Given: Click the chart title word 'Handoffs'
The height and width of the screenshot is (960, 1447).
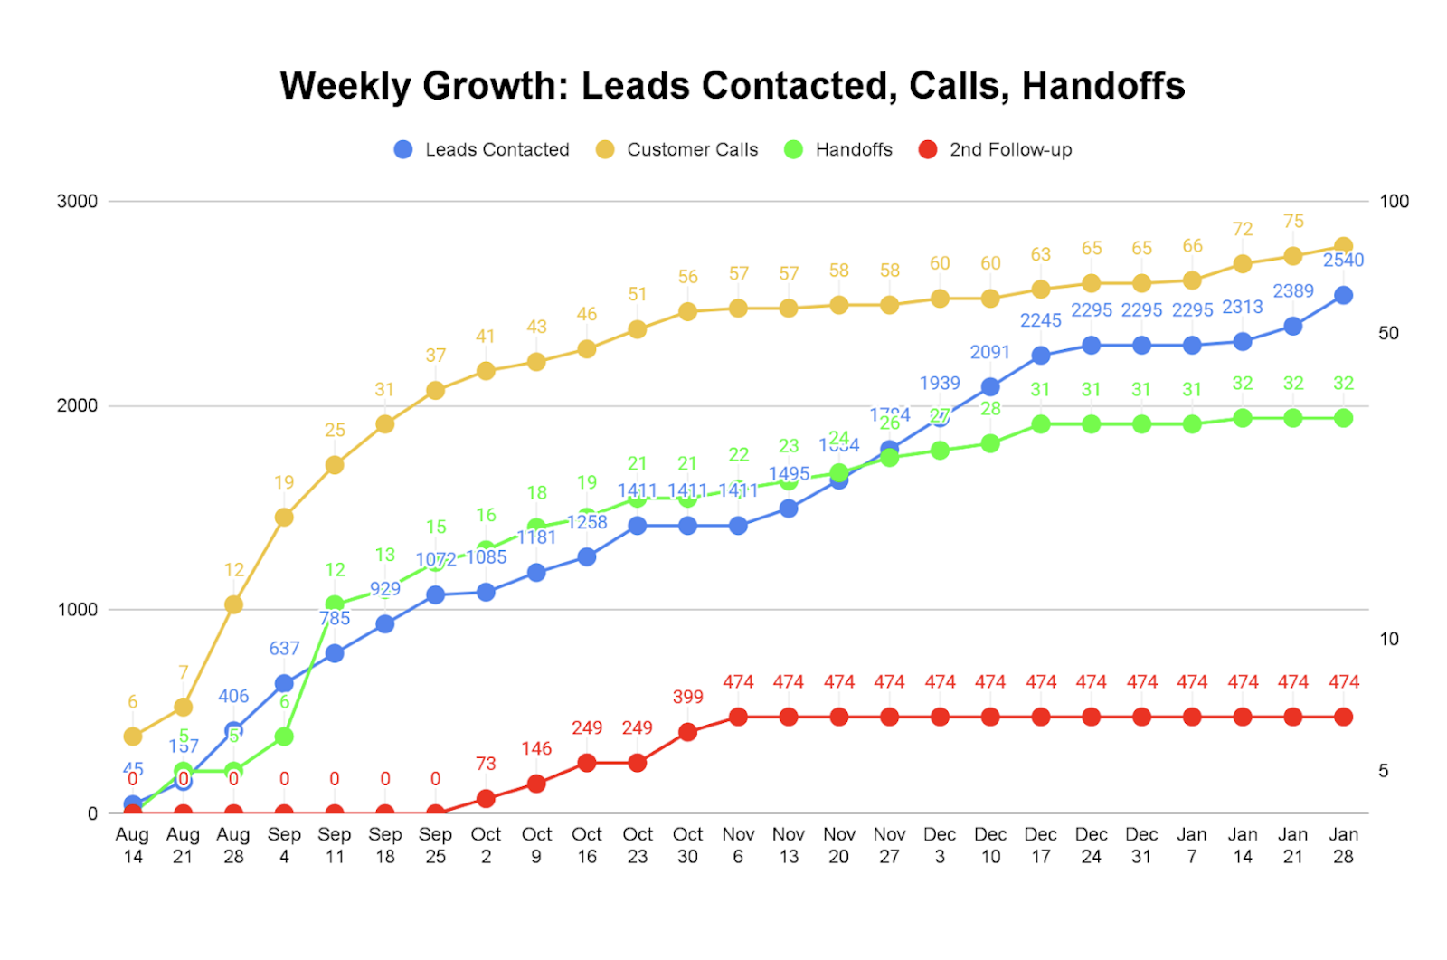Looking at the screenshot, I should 1102,86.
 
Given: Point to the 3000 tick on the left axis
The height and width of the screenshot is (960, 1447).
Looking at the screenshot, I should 77,202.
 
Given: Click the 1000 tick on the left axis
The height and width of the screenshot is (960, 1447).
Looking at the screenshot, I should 77,610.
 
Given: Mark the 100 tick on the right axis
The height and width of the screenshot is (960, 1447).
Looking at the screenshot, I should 1394,202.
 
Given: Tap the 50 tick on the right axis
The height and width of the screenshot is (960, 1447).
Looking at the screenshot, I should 1388,334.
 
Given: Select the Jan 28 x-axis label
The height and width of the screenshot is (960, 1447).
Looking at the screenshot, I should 1343,845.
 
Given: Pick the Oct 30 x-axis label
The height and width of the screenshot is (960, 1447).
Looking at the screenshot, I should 687,845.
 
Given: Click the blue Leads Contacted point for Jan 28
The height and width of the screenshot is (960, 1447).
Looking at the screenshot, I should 1343,296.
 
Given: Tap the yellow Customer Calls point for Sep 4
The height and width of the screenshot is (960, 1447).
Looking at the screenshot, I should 284,518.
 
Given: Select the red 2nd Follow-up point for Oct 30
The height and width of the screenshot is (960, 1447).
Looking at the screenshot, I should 687,732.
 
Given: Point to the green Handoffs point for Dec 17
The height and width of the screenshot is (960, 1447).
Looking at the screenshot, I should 1041,424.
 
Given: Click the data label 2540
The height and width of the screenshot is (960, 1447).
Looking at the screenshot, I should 1343,261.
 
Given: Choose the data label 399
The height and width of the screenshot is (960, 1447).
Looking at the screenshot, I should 687,697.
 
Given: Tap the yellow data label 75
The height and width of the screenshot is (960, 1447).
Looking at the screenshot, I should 1293,222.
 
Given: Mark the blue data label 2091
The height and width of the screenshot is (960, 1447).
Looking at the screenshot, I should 990,353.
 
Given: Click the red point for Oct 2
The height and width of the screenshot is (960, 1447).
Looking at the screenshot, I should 486,799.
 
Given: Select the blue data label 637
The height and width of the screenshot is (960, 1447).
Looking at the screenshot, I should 284,649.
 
